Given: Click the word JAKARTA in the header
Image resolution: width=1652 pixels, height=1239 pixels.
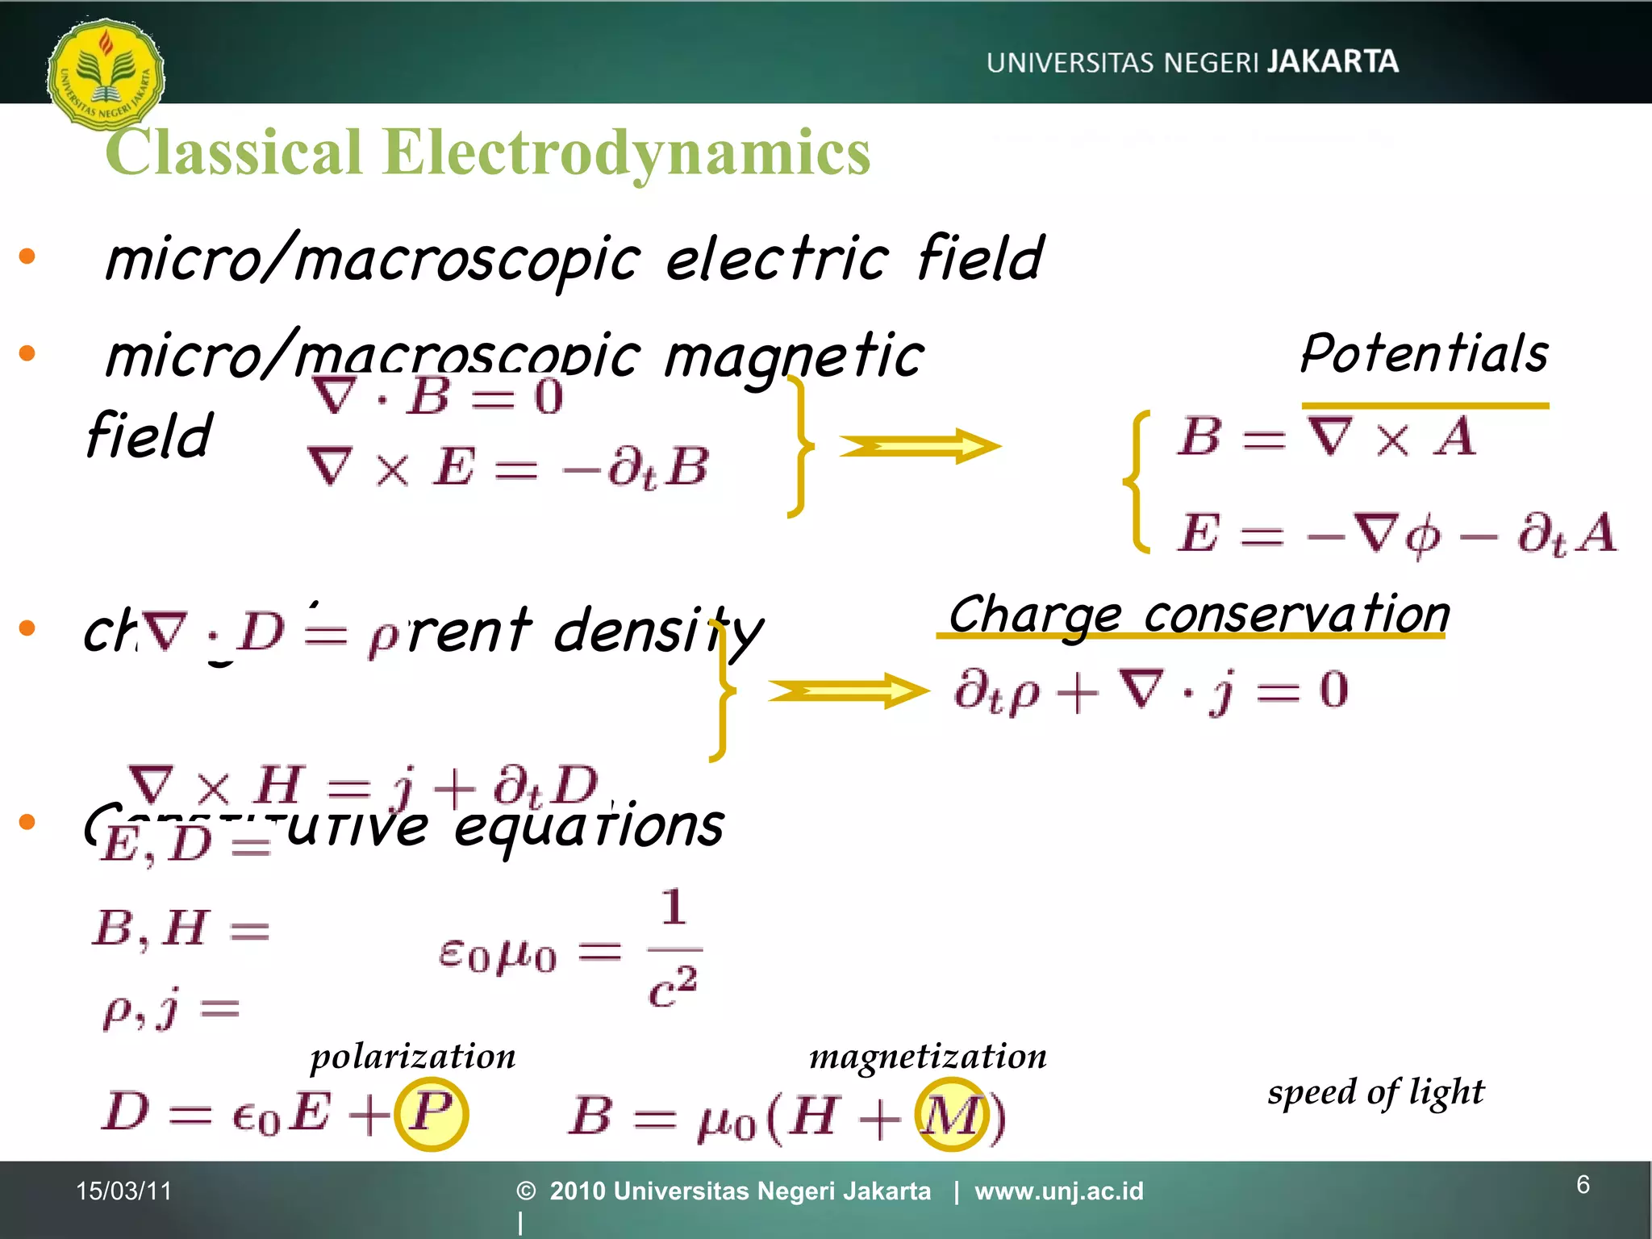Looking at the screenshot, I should pos(1333,62).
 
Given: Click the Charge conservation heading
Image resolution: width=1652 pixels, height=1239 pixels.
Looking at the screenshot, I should pos(1199,615).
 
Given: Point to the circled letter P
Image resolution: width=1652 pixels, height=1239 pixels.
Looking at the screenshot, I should pos(431,1113).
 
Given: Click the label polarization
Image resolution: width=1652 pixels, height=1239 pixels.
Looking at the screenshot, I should pos(413,1056).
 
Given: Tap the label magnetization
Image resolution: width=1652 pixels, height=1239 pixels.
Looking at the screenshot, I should pos(928,1056).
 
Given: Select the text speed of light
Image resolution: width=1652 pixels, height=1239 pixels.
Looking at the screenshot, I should pos(1375,1092).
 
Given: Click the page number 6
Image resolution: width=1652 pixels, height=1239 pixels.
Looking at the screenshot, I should pos(1583,1185).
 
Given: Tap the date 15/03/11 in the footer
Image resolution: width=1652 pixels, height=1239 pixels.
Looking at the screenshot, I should pos(124,1191).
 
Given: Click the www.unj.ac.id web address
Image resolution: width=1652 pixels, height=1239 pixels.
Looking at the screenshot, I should pos(1058,1191).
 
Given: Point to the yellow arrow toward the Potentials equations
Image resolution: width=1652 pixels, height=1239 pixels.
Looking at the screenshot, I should pos(920,446).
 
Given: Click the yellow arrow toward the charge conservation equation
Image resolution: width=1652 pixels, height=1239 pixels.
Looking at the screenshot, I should pos(847,691).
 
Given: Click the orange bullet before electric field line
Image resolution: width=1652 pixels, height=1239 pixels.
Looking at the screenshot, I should pos(27,257).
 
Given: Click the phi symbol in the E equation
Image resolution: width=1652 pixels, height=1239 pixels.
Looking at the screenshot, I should pos(1423,536).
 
